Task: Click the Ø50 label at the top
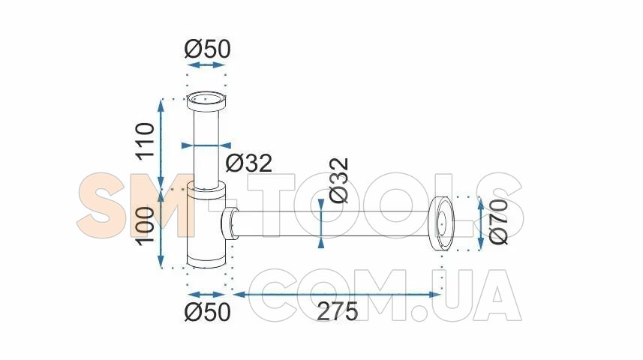click(x=207, y=49)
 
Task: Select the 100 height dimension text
click(x=146, y=226)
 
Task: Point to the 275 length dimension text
click(x=338, y=311)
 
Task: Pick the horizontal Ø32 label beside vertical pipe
click(x=249, y=163)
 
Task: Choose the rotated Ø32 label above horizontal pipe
click(x=340, y=181)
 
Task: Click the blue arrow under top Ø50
click(x=206, y=64)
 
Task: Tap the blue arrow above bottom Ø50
click(x=206, y=295)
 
